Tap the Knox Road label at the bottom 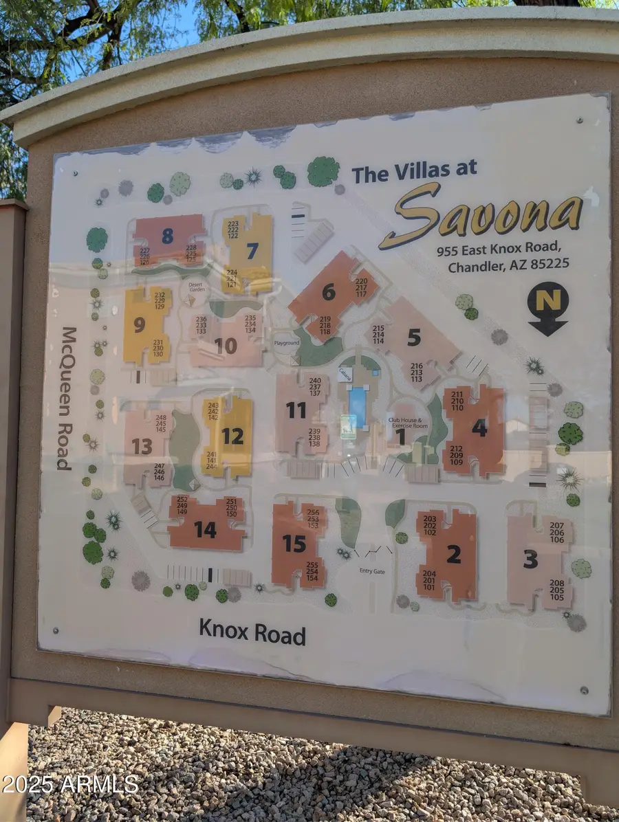tap(252, 632)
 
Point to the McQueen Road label tap(65, 399)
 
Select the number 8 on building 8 tap(168, 236)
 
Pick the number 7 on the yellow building tap(252, 251)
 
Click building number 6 tap(329, 292)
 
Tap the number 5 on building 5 tap(413, 337)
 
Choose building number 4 tap(479, 427)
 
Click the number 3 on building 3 tap(530, 559)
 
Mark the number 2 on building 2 tap(453, 553)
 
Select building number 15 tap(294, 544)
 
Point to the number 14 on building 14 tap(205, 529)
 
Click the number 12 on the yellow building tap(232, 436)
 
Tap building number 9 tap(140, 324)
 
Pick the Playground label tap(287, 342)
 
